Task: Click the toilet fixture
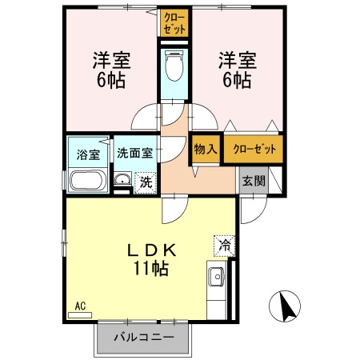tap(174, 66)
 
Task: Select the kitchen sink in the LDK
tap(217, 278)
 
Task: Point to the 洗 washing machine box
tap(145, 182)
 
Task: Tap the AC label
tap(80, 305)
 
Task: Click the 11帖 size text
tap(151, 269)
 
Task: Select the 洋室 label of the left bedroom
tap(112, 60)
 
